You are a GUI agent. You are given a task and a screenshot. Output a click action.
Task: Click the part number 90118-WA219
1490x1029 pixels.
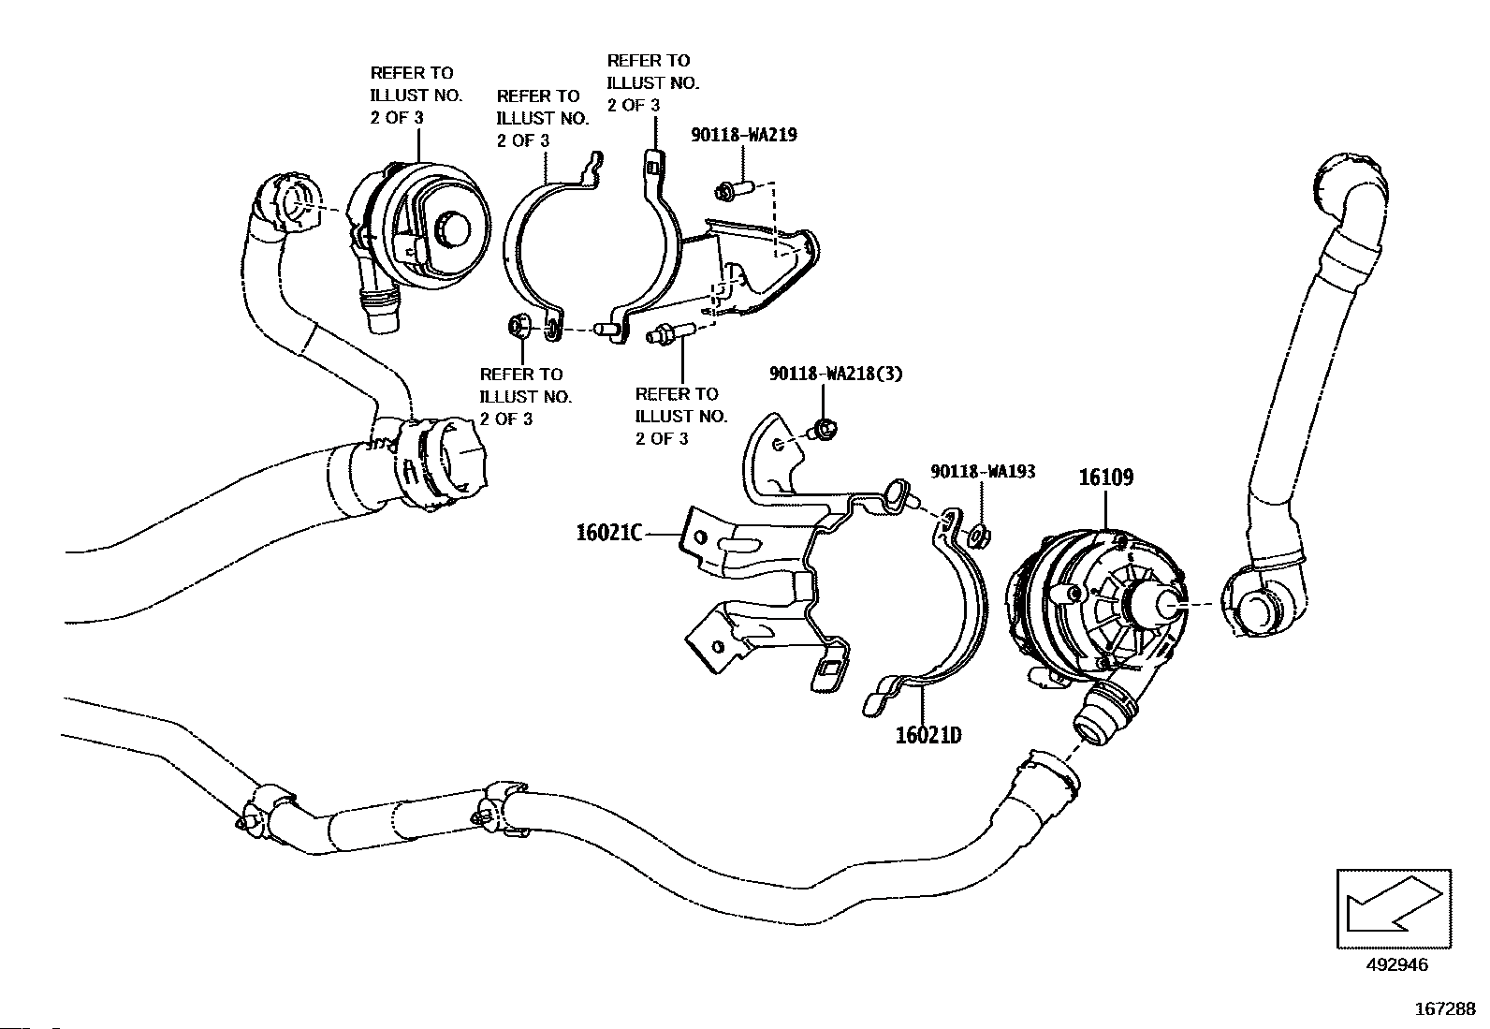744,135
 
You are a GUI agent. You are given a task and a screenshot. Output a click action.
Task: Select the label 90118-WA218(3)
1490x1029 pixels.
836,374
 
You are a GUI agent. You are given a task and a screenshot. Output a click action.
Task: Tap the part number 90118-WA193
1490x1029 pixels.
983,471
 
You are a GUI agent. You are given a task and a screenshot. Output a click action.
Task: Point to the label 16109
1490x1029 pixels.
1105,477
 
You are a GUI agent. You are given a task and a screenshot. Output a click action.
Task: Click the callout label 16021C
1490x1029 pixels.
609,533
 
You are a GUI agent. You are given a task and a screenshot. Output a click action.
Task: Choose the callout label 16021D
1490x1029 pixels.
928,736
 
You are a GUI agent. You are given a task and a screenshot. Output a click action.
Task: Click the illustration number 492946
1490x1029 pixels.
1396,964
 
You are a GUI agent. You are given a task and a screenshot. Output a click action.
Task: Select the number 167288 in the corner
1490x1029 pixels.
1445,1008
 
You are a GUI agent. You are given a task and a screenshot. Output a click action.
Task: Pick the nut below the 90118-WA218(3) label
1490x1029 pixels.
824,430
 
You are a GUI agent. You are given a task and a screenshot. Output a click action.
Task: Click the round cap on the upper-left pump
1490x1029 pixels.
454,229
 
